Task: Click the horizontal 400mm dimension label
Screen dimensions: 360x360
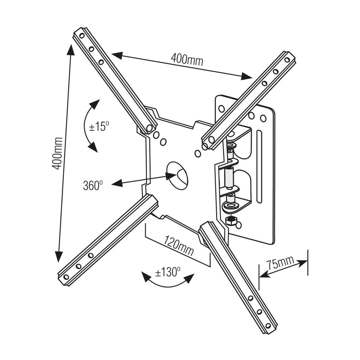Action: tap(187, 59)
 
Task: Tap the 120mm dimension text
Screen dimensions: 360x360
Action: tap(179, 245)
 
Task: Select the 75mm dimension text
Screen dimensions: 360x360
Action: tap(280, 263)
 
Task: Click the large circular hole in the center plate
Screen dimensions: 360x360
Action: tap(177, 175)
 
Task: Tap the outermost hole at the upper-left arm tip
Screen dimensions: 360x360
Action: tap(81, 36)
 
